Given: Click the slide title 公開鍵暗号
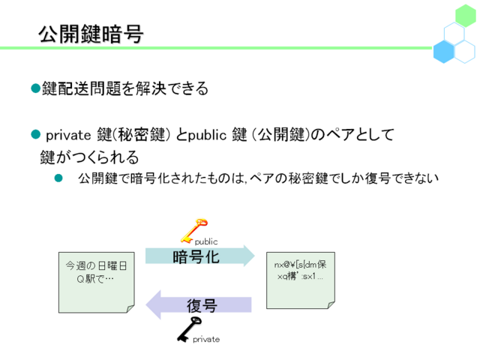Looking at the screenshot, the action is click(x=91, y=34).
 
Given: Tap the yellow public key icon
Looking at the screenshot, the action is click(x=193, y=230).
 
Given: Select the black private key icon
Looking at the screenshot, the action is click(x=189, y=330).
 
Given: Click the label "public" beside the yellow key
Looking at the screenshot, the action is click(x=206, y=241).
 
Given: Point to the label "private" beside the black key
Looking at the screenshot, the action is click(x=206, y=339).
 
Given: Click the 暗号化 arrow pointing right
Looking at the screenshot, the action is click(x=199, y=256).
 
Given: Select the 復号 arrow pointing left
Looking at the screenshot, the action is click(x=199, y=305).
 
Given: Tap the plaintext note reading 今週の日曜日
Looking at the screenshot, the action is click(x=97, y=282).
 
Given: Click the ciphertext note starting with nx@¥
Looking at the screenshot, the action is click(x=301, y=280).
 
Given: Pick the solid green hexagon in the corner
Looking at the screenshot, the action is click(x=465, y=15).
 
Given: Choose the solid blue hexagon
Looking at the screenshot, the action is click(x=443, y=52).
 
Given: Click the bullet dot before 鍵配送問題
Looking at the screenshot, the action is click(x=36, y=88).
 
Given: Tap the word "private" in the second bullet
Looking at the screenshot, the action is click(x=68, y=135).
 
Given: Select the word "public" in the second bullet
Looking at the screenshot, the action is click(x=207, y=135).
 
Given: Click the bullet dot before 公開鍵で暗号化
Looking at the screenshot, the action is click(x=58, y=178).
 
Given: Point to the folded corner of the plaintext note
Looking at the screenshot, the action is click(x=130, y=309).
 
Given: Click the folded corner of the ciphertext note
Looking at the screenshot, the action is click(x=331, y=305).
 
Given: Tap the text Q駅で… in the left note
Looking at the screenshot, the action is click(x=95, y=278).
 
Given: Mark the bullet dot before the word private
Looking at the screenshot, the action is click(x=36, y=134).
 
